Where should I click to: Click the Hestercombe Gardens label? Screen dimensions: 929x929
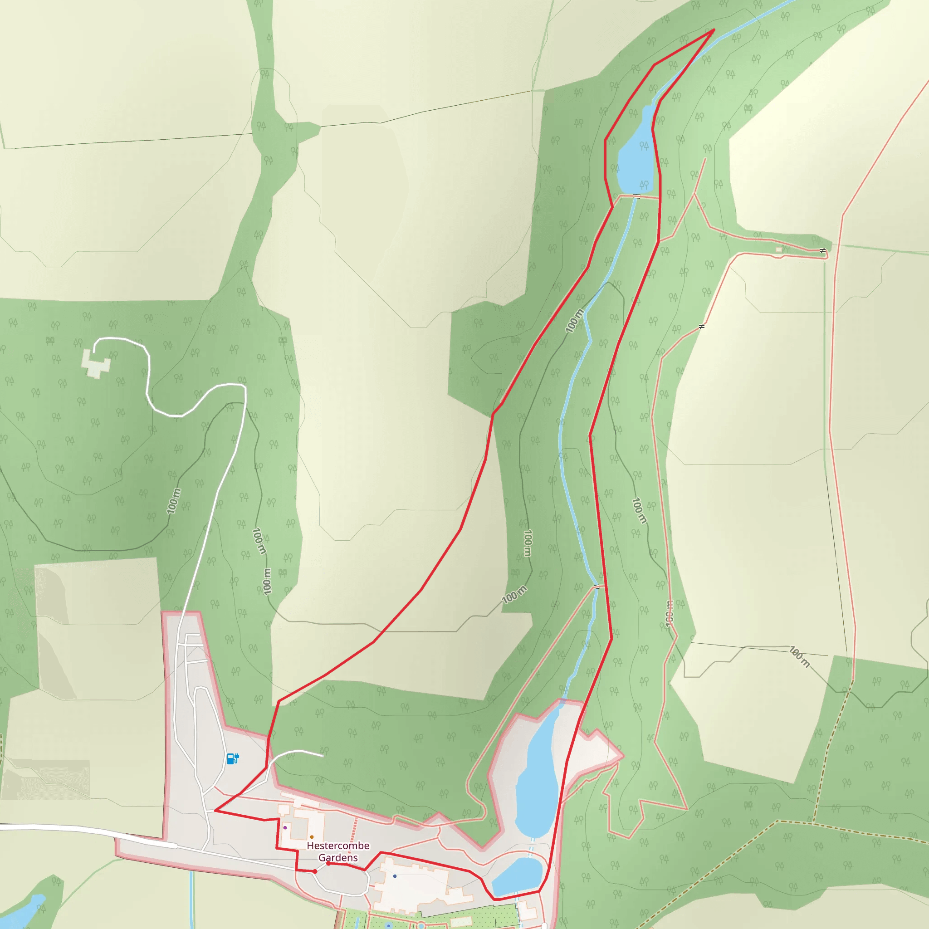(x=338, y=851)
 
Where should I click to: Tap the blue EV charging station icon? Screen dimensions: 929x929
(x=233, y=759)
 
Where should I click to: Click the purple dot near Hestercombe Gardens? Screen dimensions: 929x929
(x=285, y=827)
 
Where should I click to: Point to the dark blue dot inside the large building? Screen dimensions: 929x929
(x=395, y=876)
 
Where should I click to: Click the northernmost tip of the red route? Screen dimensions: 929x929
(x=714, y=30)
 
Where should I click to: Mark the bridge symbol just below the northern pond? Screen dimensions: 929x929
(x=636, y=196)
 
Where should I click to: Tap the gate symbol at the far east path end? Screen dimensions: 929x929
(x=823, y=250)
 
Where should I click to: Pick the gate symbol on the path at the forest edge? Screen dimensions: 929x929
(x=702, y=327)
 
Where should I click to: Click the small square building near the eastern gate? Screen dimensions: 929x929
(x=779, y=249)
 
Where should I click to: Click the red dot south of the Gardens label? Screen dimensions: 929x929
(x=315, y=871)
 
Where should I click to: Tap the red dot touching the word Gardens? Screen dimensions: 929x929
(x=328, y=863)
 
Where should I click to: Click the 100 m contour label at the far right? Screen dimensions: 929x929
(x=799, y=657)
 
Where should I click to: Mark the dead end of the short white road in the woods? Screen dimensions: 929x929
(x=322, y=756)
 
